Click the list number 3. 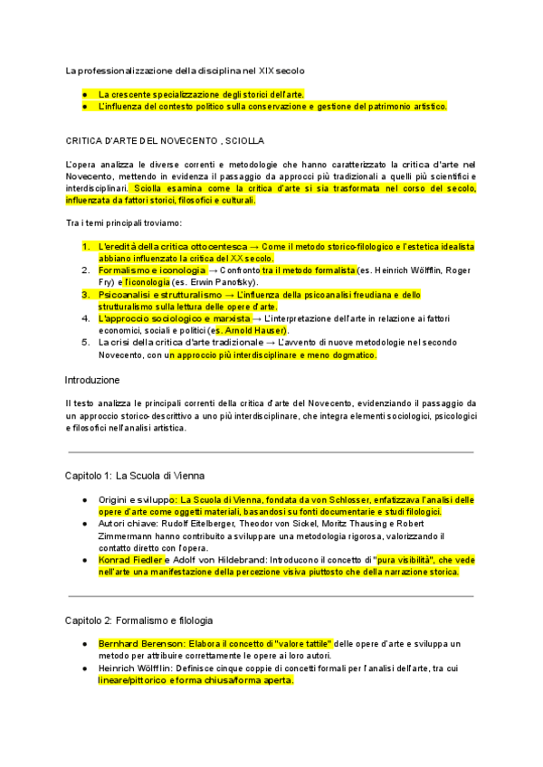[x=85, y=295]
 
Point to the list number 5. [x=85, y=343]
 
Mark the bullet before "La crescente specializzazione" [x=83, y=94]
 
